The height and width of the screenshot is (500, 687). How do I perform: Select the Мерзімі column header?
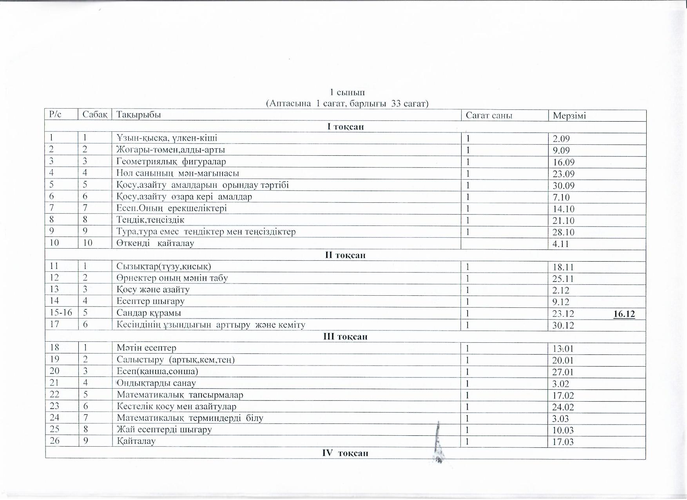click(569, 116)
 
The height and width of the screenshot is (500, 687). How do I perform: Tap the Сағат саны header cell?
click(489, 116)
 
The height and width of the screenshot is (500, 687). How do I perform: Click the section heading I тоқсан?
click(345, 127)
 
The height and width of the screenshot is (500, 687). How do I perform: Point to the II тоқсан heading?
click(345, 255)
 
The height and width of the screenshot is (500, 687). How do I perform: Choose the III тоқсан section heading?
click(345, 337)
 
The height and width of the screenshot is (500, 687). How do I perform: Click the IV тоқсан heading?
click(345, 453)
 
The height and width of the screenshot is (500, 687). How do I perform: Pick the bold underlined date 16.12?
click(624, 314)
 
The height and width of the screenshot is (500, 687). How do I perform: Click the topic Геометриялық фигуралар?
click(171, 162)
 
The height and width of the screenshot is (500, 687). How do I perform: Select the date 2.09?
click(561, 139)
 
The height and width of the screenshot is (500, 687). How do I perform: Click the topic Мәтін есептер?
click(146, 348)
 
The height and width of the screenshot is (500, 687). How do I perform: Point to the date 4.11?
click(560, 244)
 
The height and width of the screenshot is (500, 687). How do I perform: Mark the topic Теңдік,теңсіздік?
click(150, 220)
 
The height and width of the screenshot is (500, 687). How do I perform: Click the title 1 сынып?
click(347, 93)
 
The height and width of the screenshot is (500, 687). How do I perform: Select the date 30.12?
click(563, 325)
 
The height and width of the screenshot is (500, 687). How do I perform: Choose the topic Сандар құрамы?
click(149, 313)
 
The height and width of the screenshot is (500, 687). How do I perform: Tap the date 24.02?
click(563, 407)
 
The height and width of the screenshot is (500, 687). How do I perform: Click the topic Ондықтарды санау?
click(156, 383)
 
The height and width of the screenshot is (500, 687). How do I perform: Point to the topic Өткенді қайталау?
click(155, 243)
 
